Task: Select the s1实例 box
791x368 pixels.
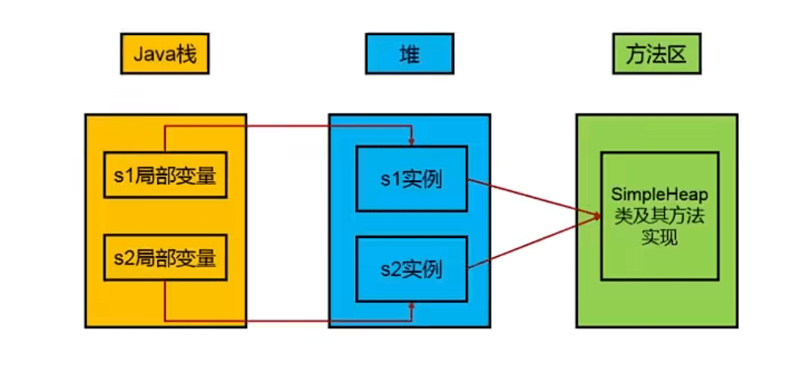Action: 411,179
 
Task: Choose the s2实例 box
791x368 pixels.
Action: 411,269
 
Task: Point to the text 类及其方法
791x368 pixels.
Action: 659,216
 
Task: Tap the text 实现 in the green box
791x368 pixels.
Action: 659,236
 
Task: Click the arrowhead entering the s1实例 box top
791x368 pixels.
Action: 411,142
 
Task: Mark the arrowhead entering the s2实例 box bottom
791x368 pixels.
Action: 411,308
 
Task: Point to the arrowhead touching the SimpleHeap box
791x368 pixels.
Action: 596,214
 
